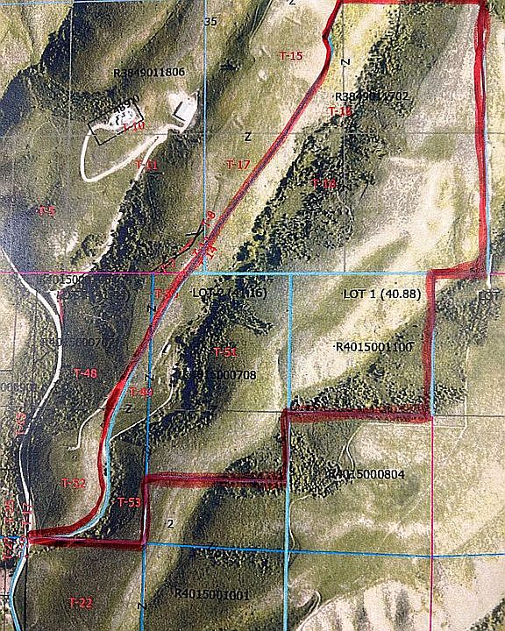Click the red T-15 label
click(x=291, y=55)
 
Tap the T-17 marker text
click(x=238, y=164)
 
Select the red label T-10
click(x=132, y=126)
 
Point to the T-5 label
click(x=46, y=211)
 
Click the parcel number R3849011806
click(x=150, y=72)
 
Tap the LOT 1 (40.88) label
click(x=381, y=294)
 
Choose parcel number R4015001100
click(x=373, y=347)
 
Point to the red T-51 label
click(x=225, y=351)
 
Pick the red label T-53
click(x=129, y=502)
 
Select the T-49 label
click(x=141, y=392)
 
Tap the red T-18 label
click(x=324, y=183)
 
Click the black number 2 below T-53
click(x=171, y=523)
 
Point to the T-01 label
click(x=147, y=164)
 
